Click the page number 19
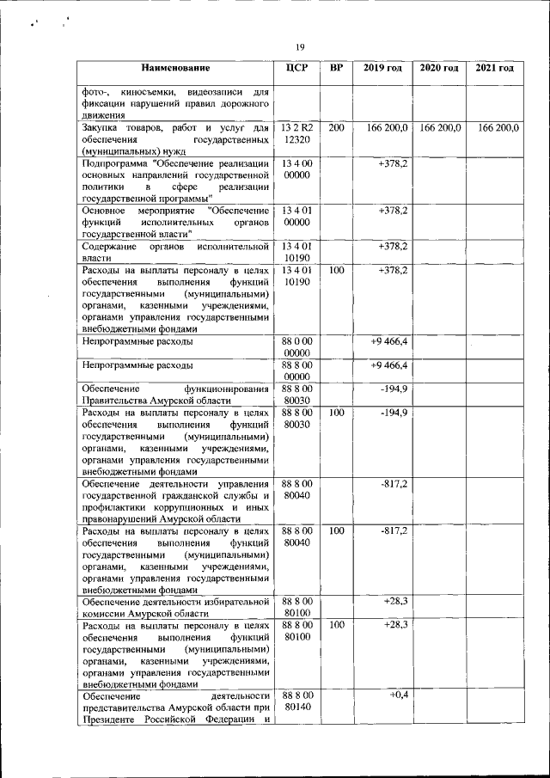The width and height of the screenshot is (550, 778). click(x=300, y=46)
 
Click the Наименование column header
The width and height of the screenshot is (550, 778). click(x=175, y=68)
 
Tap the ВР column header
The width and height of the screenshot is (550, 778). click(x=337, y=68)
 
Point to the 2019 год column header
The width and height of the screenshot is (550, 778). click(x=382, y=68)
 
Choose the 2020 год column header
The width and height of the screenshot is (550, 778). click(x=439, y=68)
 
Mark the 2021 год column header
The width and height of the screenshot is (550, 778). click(x=494, y=68)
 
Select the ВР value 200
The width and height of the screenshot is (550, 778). click(x=337, y=127)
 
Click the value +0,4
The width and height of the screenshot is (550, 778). click(x=397, y=694)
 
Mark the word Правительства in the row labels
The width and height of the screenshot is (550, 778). click(x=117, y=401)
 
